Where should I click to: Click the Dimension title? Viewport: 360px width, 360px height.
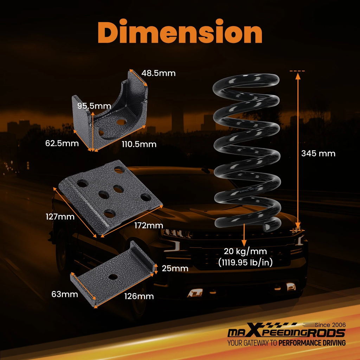(180, 31)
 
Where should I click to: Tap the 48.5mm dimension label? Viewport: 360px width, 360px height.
(159, 73)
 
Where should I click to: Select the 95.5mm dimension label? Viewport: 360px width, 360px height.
(94, 106)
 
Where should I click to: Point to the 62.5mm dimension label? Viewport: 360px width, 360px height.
(62, 143)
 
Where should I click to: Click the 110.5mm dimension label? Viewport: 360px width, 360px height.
(139, 144)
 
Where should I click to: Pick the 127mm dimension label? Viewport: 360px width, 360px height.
(60, 217)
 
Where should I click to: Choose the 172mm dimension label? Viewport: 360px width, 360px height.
(149, 225)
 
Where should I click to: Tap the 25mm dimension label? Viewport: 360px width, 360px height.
(175, 268)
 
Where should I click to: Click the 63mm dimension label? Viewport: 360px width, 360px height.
(65, 294)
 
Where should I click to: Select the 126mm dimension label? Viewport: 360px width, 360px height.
(139, 296)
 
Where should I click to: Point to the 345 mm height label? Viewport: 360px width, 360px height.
(318, 153)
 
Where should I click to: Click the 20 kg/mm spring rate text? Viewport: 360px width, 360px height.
(245, 251)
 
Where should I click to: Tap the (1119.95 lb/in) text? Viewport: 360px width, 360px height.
(245, 262)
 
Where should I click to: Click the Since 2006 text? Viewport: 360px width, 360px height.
(330, 325)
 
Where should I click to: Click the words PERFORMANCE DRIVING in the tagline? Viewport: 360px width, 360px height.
(312, 343)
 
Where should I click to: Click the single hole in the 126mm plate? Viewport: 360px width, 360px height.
(113, 277)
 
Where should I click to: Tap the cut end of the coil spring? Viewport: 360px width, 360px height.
(268, 227)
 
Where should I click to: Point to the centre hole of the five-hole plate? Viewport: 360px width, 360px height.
(104, 195)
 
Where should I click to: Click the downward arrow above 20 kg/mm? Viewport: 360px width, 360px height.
(244, 235)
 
